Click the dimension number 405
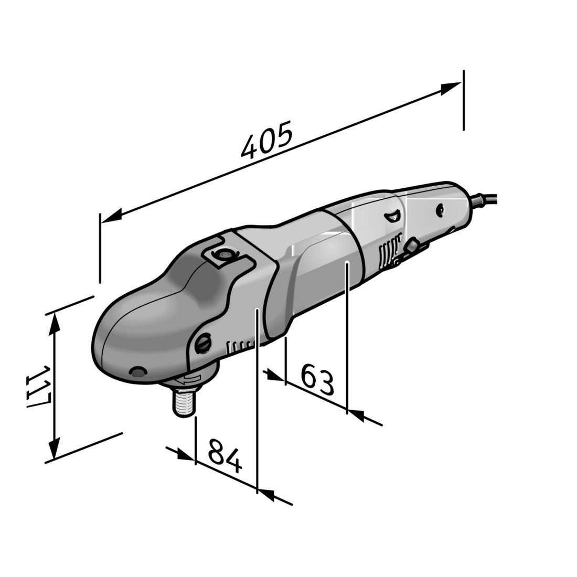266,140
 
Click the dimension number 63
317,381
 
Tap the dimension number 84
225,456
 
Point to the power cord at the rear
485,199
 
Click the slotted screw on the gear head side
204,344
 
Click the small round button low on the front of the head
137,372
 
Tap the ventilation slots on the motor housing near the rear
386,255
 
